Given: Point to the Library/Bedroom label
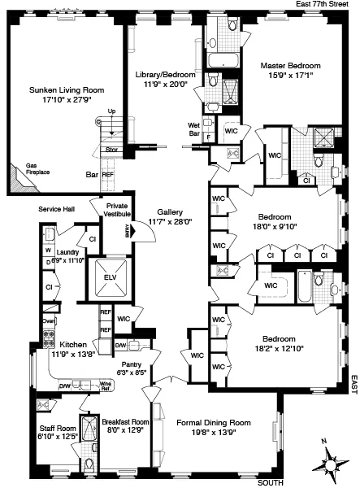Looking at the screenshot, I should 163,74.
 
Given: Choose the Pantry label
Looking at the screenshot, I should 133,364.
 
